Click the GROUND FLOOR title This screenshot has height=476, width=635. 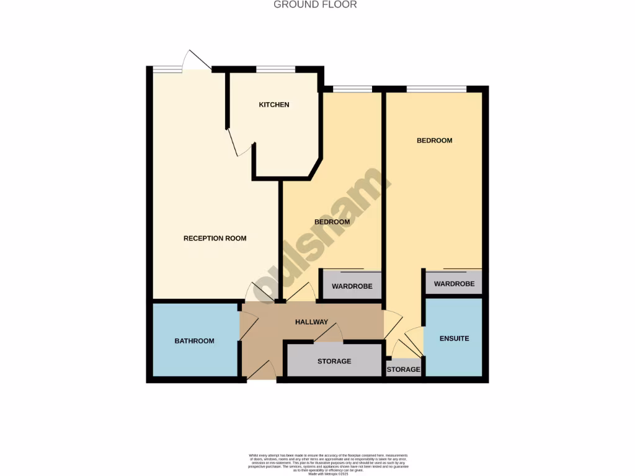coord(316,5)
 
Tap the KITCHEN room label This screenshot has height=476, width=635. coord(274,105)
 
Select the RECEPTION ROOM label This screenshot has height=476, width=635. coord(215,239)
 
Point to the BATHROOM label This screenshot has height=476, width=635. coord(194,341)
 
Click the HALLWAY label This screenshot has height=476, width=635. coord(311,322)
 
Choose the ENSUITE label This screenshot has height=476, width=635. coord(454,338)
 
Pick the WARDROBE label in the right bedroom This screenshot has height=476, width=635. coord(454,284)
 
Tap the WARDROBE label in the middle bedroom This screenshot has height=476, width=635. coord(352,287)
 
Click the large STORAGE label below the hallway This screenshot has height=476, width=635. coord(334,361)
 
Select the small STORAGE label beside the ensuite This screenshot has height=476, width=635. coord(404,370)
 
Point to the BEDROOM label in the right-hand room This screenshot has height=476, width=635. coord(434,141)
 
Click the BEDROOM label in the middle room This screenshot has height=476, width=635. coord(332,222)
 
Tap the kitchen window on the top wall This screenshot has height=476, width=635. coord(276,69)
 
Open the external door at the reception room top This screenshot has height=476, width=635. coord(197,60)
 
